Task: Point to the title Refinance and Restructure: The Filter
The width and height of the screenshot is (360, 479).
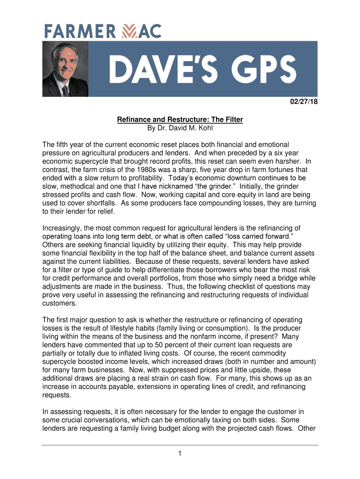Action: [180, 120]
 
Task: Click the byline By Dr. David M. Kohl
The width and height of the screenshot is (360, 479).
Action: [180, 128]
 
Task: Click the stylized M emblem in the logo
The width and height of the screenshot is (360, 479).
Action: [128, 32]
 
